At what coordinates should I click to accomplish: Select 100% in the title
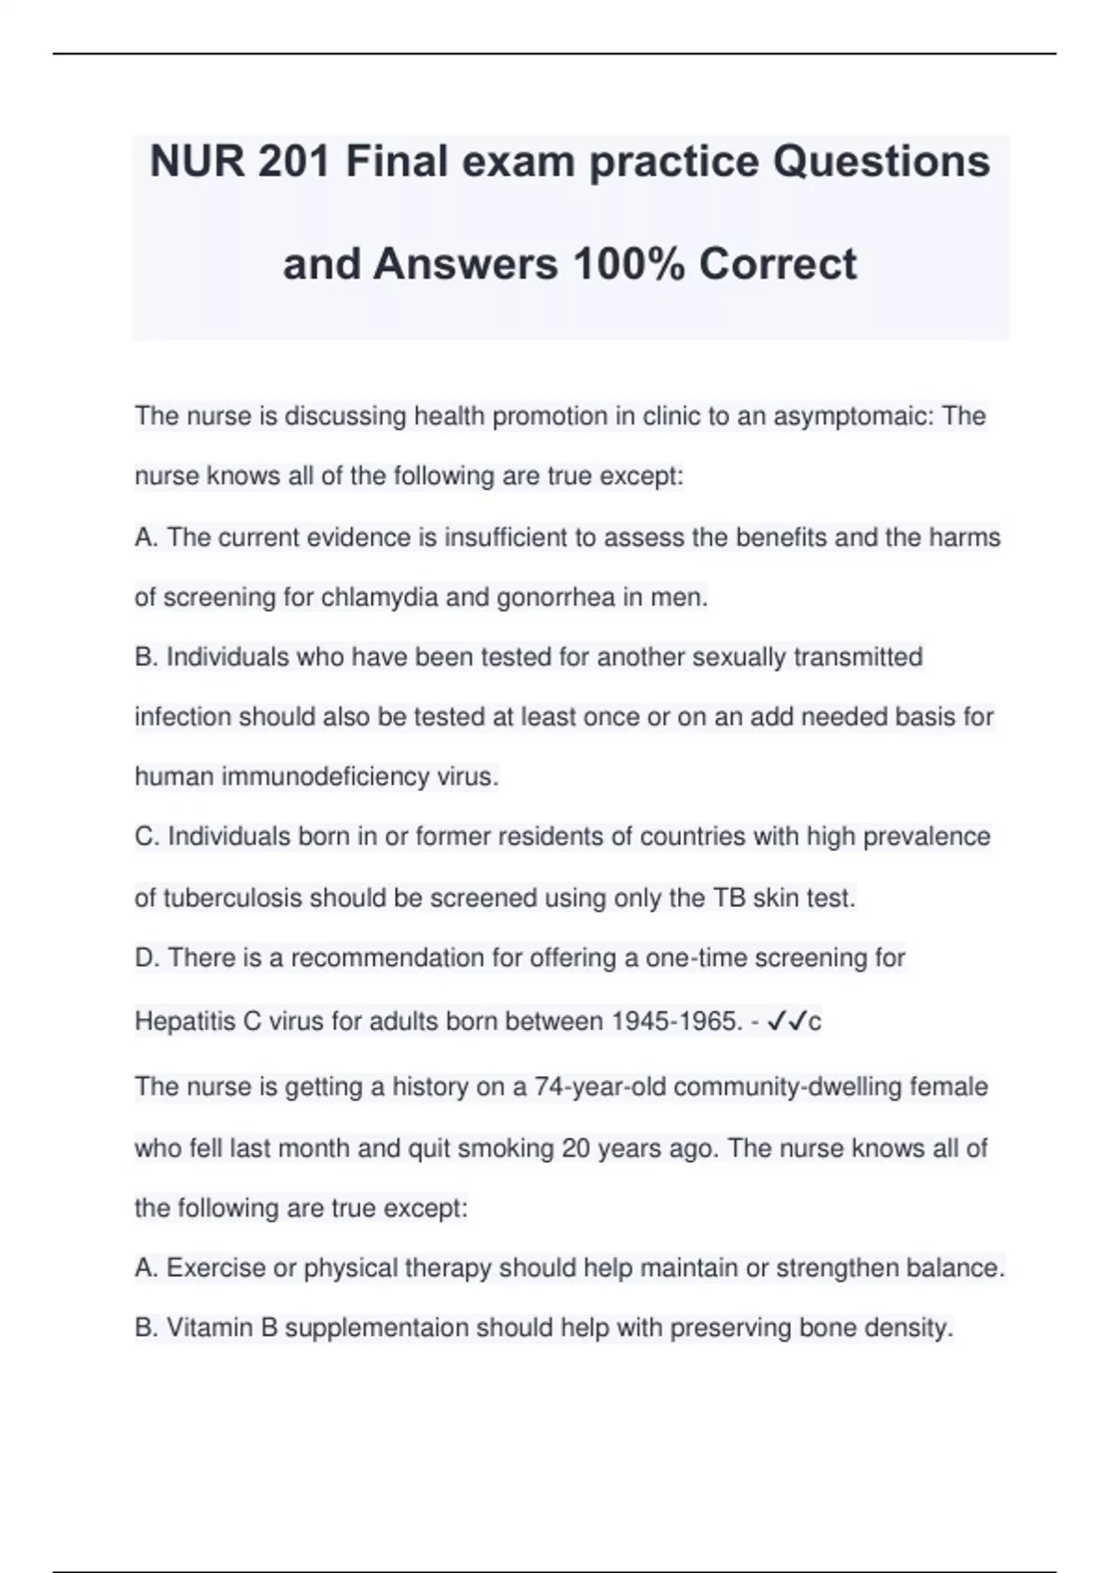click(629, 265)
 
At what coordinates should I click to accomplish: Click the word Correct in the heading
click(778, 265)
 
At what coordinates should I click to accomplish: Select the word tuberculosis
click(232, 898)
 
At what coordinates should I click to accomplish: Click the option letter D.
click(145, 958)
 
